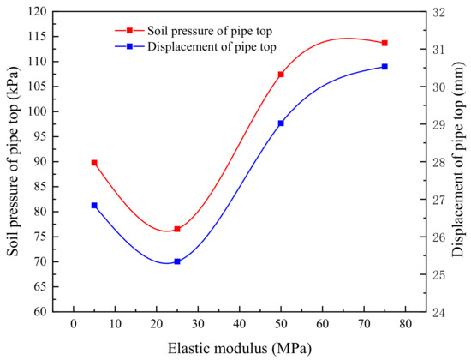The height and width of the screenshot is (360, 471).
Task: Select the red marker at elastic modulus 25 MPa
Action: coord(177,229)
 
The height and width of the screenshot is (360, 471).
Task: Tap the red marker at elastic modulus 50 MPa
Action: coord(281,75)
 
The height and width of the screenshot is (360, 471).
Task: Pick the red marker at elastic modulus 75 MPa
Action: coord(385,43)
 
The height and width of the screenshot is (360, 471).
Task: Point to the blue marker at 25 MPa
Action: coord(177,261)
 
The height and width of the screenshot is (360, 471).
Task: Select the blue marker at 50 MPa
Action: coord(281,123)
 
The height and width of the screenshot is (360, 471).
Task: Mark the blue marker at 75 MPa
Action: coord(385,67)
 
